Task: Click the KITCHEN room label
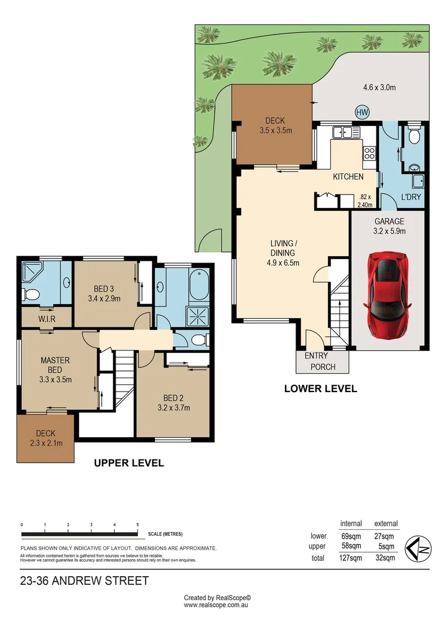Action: pyautogui.click(x=348, y=176)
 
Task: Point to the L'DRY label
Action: pyautogui.click(x=410, y=198)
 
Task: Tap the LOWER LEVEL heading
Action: pyautogui.click(x=320, y=388)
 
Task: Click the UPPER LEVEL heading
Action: pyautogui.click(x=129, y=463)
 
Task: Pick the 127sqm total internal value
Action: pyautogui.click(x=351, y=558)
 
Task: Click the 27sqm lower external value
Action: pyautogui.click(x=384, y=536)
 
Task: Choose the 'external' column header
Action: pyautogui.click(x=385, y=523)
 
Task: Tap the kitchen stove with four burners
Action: pyautogui.click(x=370, y=154)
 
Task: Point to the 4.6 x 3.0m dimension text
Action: pyautogui.click(x=379, y=88)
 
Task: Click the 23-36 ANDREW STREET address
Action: pyautogui.click(x=84, y=581)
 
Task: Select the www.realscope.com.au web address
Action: pyautogui.click(x=218, y=605)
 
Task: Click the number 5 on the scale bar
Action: pyautogui.click(x=137, y=525)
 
